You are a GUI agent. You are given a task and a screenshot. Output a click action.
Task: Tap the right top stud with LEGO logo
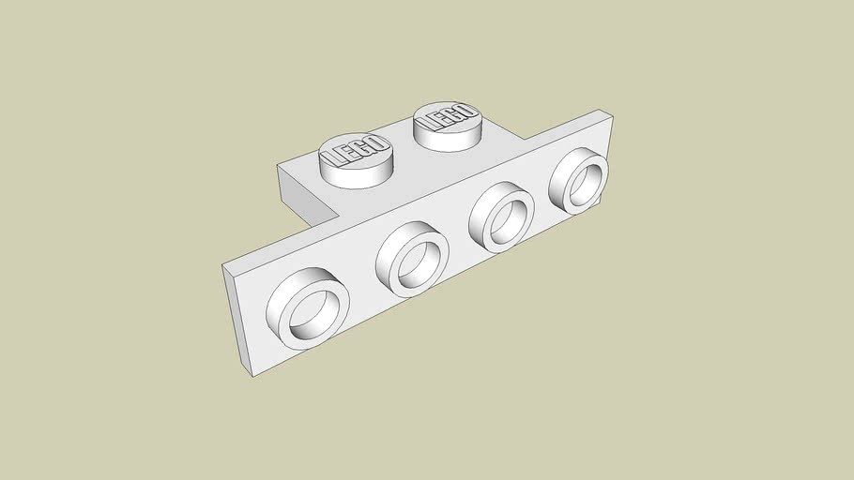click(x=447, y=126)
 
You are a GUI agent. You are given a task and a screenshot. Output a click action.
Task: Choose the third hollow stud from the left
click(x=501, y=215)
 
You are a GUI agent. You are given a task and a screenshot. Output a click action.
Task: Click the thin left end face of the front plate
click(x=236, y=320)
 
